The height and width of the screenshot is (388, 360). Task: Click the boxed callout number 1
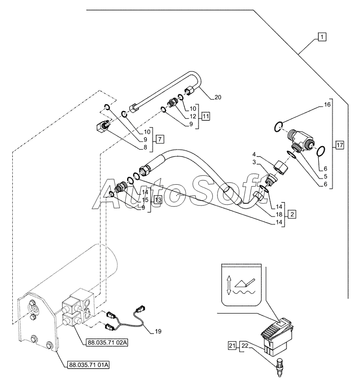coord(321,37)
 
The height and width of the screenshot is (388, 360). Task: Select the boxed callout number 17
coord(340,145)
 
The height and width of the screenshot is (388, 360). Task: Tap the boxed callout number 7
coord(160,139)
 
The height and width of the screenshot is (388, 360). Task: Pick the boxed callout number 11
coord(206,116)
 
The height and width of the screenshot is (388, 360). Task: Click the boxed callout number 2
coord(292,214)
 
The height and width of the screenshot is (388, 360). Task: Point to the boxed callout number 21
coord(232,346)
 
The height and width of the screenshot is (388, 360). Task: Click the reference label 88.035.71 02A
coord(107,343)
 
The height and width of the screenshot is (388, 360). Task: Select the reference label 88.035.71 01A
coord(88,365)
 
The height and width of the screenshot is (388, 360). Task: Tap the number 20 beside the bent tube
coord(218,98)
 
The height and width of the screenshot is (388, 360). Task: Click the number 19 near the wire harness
coord(158,331)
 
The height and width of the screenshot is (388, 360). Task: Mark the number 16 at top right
coord(327,105)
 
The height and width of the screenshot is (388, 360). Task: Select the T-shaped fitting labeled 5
coord(301,140)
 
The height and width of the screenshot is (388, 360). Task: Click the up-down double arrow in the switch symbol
coord(229,285)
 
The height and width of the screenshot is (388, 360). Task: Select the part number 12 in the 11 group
coord(193,116)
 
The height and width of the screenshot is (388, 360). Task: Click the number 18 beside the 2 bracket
coord(279,214)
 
